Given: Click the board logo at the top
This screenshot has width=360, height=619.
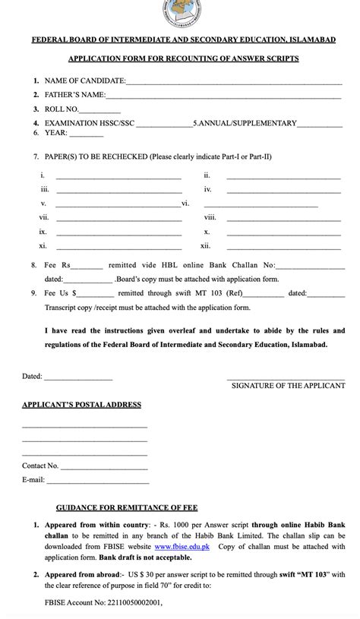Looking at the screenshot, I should tap(181, 13).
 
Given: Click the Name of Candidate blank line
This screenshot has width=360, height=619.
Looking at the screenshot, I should tap(233, 83).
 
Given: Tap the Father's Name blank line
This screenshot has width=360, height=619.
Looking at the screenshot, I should tap(223, 96).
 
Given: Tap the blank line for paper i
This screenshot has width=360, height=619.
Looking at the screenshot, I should tap(118, 177).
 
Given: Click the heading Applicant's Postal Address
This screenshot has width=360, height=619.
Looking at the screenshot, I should tap(81, 405).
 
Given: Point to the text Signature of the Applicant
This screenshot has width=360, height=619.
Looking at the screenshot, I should tap(288, 386).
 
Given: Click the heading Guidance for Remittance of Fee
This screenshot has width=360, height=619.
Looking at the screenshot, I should tap(127, 507).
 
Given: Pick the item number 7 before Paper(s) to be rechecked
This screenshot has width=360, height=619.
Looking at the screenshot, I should tap(36, 157).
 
